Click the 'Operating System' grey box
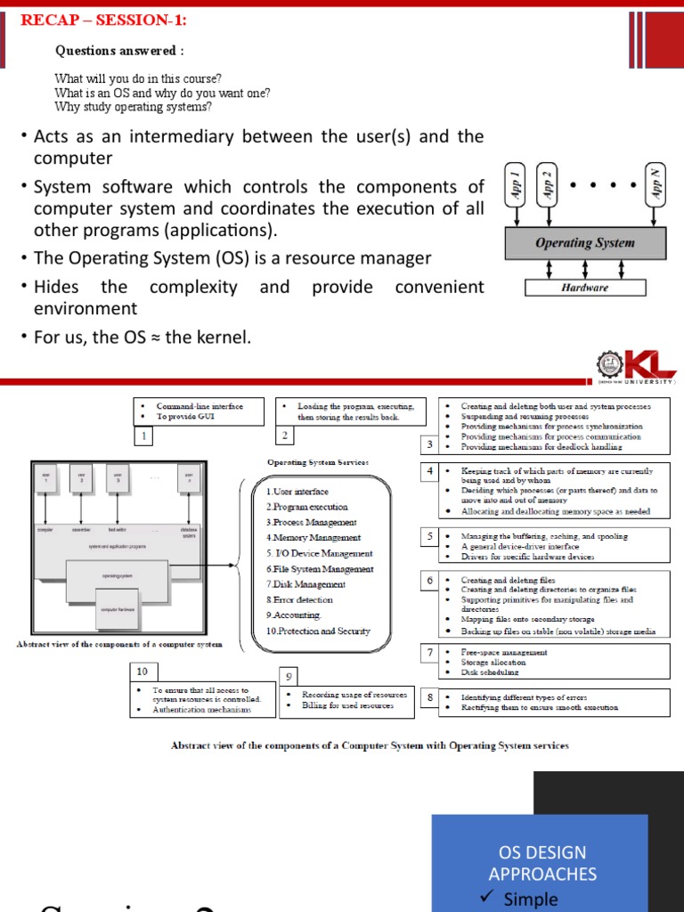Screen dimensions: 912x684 point(584,242)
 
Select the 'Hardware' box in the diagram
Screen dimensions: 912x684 point(584,288)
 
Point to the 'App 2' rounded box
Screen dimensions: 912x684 point(547,185)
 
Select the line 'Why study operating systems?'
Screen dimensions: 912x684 point(134,107)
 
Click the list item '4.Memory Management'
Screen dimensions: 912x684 point(313,538)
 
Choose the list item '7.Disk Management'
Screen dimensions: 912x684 point(305,584)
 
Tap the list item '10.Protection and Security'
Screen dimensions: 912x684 point(318,631)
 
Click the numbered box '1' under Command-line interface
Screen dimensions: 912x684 point(142,436)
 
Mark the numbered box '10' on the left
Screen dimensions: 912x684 point(142,670)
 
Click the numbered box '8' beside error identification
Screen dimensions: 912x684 point(430,698)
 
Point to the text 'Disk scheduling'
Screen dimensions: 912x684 point(490,672)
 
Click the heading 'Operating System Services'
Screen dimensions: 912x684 point(318,462)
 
